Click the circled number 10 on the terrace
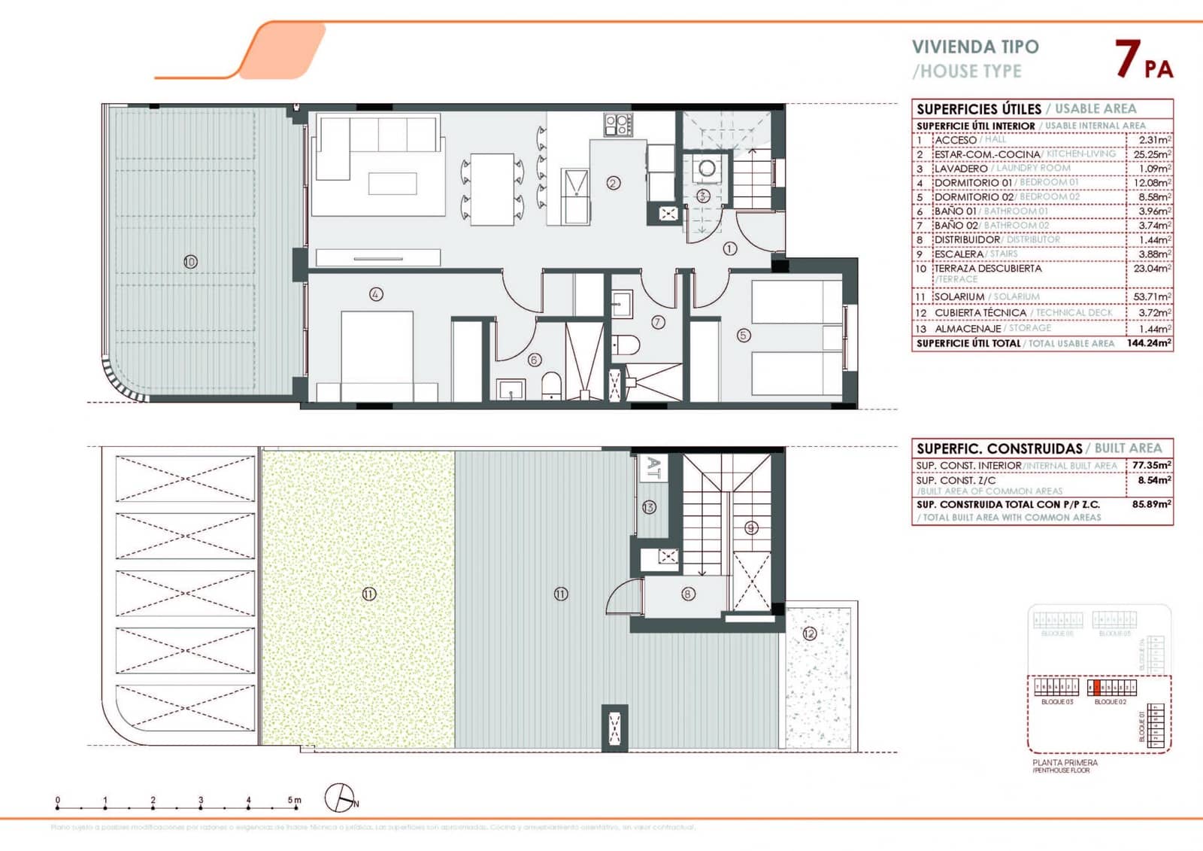(190, 262)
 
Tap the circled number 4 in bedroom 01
(376, 295)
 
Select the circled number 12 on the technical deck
(809, 634)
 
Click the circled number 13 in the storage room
(649, 508)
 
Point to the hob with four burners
(618, 124)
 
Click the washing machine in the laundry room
(707, 169)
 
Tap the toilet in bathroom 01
(551, 385)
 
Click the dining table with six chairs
(492, 189)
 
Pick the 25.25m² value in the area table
(1151, 154)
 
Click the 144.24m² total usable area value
(1148, 343)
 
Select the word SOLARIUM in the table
(959, 297)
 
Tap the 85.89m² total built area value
(1151, 504)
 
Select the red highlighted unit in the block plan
(1097, 687)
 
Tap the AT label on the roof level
(653, 468)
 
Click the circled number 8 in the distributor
(688, 594)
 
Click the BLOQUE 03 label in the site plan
(1056, 702)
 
